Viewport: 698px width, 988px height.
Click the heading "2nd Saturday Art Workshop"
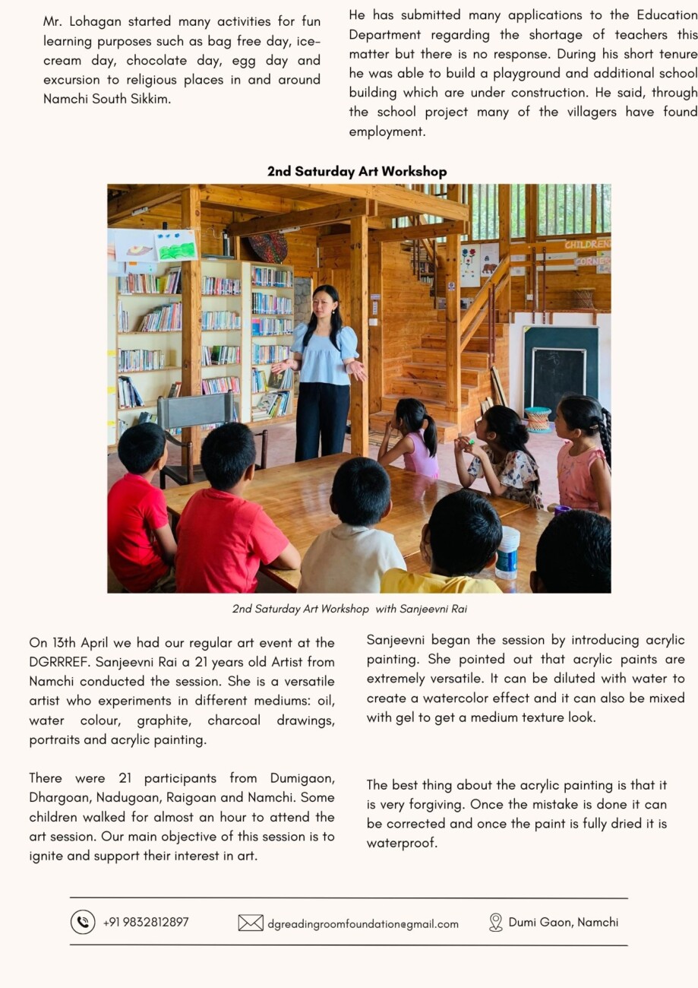coord(356,172)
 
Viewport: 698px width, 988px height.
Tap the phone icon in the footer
coord(83,922)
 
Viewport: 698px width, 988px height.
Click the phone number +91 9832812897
coord(146,923)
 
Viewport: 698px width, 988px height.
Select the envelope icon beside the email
coord(251,923)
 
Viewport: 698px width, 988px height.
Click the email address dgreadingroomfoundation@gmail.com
coord(363,924)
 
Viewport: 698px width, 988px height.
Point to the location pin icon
coord(496,923)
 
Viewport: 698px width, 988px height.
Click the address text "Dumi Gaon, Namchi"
coord(563,923)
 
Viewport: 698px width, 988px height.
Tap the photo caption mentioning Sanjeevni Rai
coord(355,609)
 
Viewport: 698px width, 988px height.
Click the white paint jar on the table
coord(507,552)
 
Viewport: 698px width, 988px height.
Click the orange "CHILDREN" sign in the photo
coord(586,245)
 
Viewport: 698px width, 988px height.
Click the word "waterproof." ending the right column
coord(402,843)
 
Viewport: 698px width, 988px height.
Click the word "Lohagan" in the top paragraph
coord(100,22)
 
